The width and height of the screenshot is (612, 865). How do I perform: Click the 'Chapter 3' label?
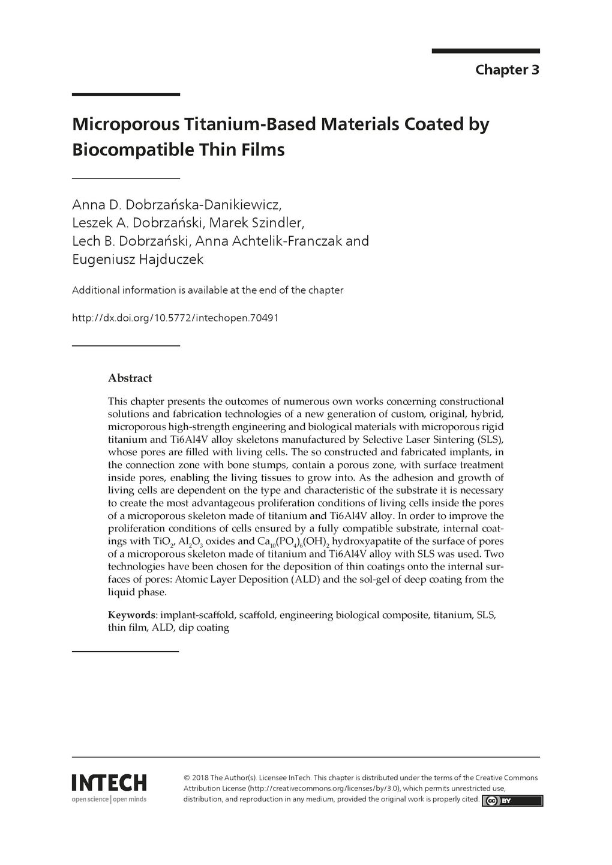click(507, 70)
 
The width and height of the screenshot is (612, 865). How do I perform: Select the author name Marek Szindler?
click(259, 223)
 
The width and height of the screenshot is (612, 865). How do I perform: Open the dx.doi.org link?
click(175, 317)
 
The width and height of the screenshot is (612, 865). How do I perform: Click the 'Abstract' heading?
click(130, 378)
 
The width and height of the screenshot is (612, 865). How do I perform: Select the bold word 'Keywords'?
click(131, 615)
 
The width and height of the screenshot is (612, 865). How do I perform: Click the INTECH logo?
click(109, 783)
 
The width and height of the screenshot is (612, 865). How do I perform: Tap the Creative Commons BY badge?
click(512, 800)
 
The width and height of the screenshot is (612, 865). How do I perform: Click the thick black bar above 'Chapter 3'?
click(485, 51)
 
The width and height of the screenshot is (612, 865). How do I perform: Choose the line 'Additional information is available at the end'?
click(208, 290)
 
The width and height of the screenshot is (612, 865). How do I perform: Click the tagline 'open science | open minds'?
click(109, 799)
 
